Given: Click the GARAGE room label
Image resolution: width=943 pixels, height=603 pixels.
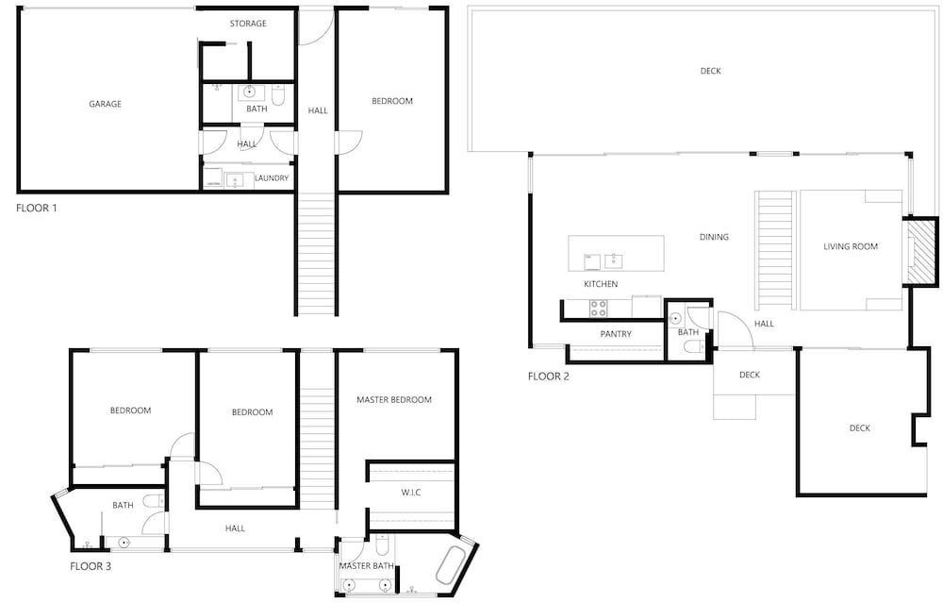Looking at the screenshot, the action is click(106, 104).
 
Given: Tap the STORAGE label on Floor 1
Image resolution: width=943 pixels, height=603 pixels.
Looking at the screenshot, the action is click(248, 24).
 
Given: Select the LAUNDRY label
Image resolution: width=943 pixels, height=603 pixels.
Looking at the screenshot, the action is click(272, 178).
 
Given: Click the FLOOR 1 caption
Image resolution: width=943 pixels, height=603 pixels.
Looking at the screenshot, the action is click(37, 209).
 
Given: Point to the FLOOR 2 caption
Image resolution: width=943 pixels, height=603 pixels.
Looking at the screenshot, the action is click(549, 377).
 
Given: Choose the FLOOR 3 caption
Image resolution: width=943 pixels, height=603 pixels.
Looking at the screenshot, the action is click(91, 566).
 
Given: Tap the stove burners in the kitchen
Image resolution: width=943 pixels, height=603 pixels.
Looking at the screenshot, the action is click(599, 309).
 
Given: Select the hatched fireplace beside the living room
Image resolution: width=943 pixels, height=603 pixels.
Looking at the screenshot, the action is click(921, 251).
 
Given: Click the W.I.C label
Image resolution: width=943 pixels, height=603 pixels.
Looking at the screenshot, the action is click(411, 493).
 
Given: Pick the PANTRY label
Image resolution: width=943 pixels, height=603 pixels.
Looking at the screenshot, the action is click(616, 334).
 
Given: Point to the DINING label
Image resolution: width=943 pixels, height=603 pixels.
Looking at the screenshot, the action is click(714, 237).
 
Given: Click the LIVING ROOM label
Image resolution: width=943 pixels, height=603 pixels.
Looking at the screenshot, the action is click(851, 246).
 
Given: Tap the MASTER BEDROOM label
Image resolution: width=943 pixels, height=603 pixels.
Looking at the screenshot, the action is click(394, 399).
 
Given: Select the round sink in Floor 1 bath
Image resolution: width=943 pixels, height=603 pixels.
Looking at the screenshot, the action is click(250, 92).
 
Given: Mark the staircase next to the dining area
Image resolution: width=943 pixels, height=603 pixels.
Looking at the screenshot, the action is click(776, 250).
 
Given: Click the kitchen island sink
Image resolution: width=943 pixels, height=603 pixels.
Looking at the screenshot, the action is click(614, 261).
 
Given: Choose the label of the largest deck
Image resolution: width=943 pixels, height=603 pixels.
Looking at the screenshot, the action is click(710, 71).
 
